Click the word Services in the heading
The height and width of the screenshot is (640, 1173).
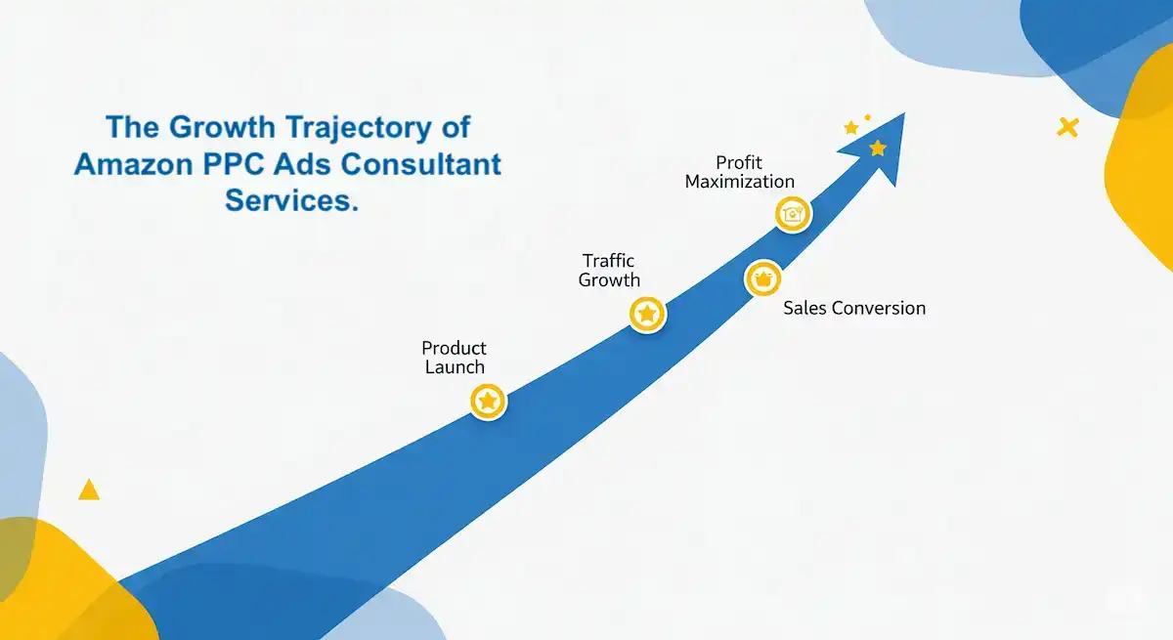290,200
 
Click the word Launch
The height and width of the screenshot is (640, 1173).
455,367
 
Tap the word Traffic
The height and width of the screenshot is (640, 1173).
608,261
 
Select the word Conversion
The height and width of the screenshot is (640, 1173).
878,308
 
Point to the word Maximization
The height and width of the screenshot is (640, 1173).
739,181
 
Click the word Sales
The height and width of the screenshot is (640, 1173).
804,308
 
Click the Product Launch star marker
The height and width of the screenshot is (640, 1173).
488,401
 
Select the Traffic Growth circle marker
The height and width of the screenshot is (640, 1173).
646,315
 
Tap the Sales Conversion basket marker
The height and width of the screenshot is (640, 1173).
762,278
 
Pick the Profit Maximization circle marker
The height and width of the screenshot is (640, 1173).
793,214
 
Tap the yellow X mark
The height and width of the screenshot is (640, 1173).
1067,126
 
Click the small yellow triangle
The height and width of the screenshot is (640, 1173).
89,490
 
